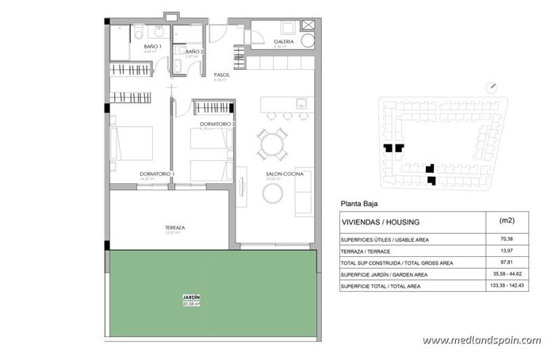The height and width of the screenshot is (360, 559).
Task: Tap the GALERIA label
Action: click(284, 41)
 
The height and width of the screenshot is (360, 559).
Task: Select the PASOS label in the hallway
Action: click(222, 75)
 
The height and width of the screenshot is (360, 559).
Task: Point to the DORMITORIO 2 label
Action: click(216, 124)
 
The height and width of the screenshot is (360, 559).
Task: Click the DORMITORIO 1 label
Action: click(157, 174)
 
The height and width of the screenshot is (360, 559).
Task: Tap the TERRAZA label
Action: click(175, 228)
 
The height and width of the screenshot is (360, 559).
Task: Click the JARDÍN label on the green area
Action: click(190, 297)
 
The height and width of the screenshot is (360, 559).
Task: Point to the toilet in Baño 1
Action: click(140, 33)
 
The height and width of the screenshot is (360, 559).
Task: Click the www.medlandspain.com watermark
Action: click(482, 340)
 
